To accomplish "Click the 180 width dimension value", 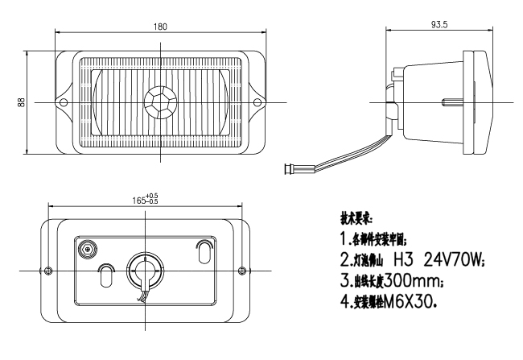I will click(x=160, y=27).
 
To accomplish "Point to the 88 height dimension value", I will click(x=23, y=101).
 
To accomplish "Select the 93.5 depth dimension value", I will click(x=439, y=25).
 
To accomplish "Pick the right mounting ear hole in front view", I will click(x=257, y=101).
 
